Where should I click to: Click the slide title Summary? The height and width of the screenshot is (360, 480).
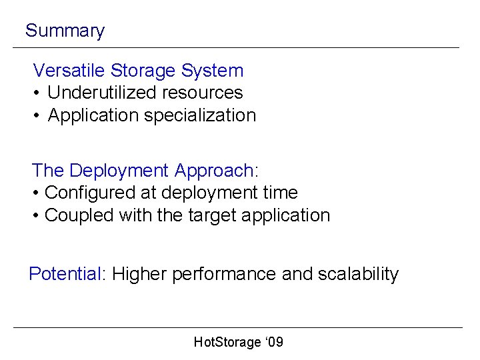65,31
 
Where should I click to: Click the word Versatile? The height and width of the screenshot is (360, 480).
69,70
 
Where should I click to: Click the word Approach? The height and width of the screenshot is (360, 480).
214,171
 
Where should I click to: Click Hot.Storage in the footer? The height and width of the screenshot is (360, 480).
227,342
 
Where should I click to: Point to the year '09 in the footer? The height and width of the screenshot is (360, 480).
274,342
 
